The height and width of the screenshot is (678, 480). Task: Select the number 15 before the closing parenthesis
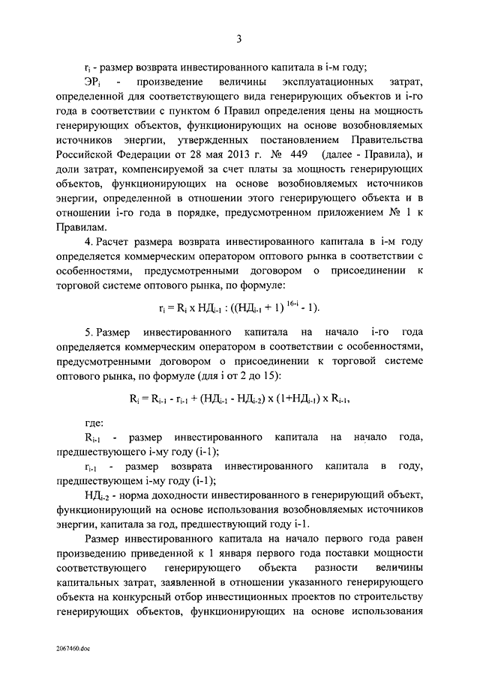(x=289, y=374)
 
